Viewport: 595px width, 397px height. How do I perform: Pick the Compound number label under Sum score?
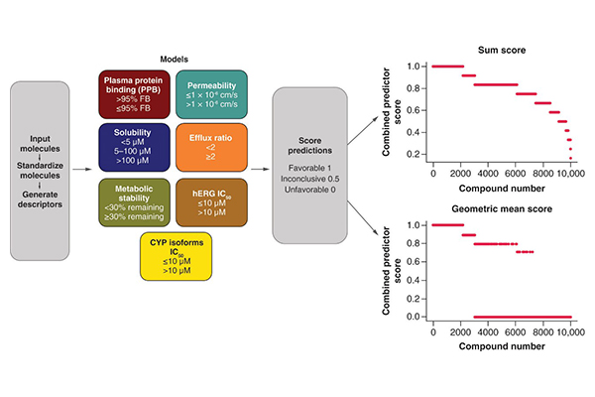(x=501, y=187)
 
